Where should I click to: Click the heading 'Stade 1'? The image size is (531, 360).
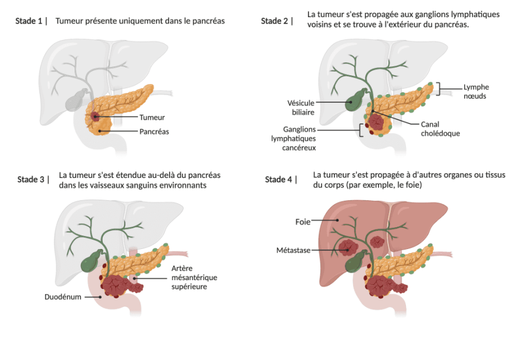click(x=29, y=21)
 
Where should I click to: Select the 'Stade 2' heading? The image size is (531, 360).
click(x=275, y=21)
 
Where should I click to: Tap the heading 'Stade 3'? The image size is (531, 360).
click(x=31, y=179)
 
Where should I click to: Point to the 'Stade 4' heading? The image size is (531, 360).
click(x=278, y=179)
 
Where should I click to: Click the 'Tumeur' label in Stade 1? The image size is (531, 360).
click(x=152, y=117)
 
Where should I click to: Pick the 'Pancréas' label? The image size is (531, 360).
click(x=154, y=132)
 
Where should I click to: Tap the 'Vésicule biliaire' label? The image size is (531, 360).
click(x=301, y=107)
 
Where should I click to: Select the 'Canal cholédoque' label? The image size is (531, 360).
click(x=440, y=129)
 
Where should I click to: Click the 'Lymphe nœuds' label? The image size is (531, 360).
click(x=476, y=92)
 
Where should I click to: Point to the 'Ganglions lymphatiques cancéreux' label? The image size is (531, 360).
click(x=293, y=139)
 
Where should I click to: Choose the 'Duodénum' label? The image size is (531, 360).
click(x=63, y=297)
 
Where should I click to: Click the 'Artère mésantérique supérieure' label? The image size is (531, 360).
click(x=194, y=277)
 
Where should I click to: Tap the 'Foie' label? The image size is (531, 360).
click(x=303, y=221)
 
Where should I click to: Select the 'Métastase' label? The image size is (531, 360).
click(x=293, y=250)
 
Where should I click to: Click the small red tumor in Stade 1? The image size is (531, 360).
click(x=95, y=117)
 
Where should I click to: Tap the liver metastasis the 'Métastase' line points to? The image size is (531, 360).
click(x=348, y=247)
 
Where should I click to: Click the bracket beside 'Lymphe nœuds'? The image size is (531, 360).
click(x=439, y=89)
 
